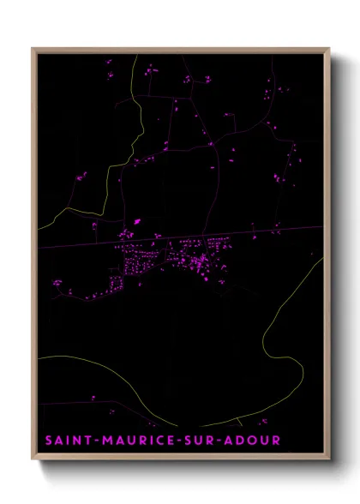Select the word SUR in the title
203,441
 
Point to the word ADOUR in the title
256,441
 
